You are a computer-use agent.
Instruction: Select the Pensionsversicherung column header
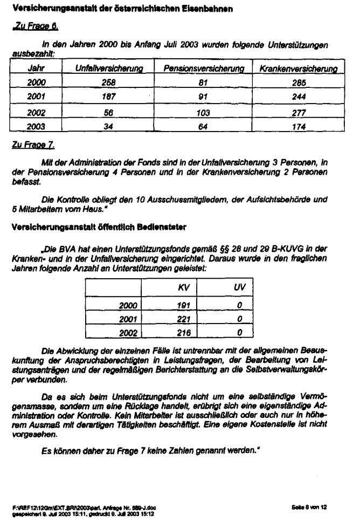204,69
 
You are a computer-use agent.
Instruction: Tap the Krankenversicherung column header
299,69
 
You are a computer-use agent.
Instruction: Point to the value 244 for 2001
298,97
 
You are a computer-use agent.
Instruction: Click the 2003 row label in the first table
37,127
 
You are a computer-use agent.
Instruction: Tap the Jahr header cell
36,69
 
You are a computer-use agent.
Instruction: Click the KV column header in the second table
184,288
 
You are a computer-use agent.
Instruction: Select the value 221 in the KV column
184,319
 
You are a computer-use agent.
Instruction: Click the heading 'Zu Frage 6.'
35,26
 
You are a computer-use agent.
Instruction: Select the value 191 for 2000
184,305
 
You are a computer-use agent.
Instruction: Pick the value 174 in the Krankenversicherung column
298,127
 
